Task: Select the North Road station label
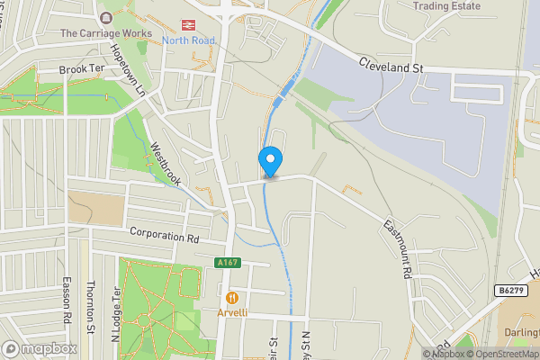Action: click(x=189, y=40)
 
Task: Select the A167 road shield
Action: click(x=227, y=262)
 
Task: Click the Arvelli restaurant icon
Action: click(x=231, y=297)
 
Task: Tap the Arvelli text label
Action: click(x=232, y=312)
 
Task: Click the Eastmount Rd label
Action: click(x=397, y=248)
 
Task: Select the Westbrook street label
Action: click(x=166, y=165)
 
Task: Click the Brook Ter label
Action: click(x=82, y=69)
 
